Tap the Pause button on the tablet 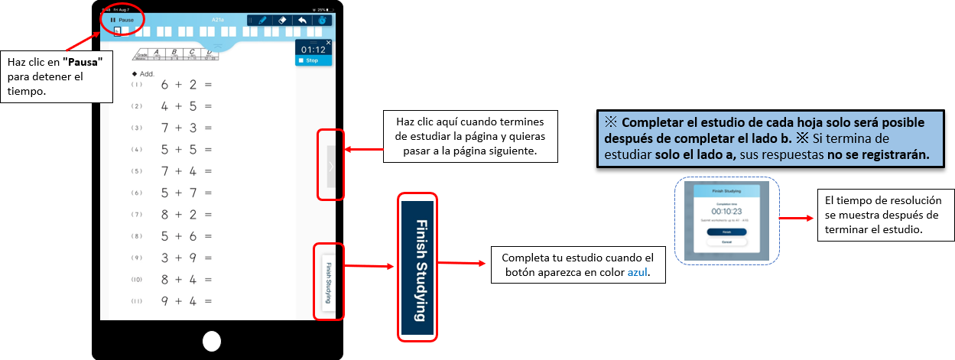click(122, 20)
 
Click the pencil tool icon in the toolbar click(261, 20)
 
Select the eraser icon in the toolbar click(281, 20)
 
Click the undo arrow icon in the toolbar click(302, 20)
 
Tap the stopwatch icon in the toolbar click(322, 20)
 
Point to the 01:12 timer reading click(313, 50)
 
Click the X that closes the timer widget click(329, 43)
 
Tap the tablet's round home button click(212, 341)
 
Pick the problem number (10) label click(136, 281)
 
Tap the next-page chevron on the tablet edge click(330, 166)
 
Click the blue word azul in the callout click(637, 272)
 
